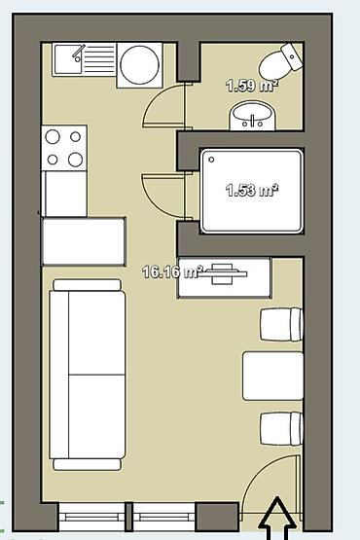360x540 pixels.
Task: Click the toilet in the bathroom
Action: point(281,62)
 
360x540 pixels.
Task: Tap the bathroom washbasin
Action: point(252,116)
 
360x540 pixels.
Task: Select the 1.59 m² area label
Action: point(252,86)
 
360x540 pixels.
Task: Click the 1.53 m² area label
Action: point(252,190)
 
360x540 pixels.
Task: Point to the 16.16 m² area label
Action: point(171,272)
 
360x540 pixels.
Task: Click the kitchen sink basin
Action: point(68,59)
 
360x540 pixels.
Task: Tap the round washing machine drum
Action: point(139,64)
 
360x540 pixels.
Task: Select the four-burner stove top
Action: point(64,148)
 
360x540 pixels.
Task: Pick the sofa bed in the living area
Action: point(88,375)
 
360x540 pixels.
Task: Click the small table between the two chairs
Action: point(272,376)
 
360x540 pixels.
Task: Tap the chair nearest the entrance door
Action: point(281,429)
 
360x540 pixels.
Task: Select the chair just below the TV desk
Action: point(281,324)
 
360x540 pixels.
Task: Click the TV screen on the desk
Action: point(224,273)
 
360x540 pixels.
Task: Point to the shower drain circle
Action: point(211,160)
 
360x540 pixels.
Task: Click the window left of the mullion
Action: point(92,517)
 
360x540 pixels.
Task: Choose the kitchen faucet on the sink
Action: point(79,54)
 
